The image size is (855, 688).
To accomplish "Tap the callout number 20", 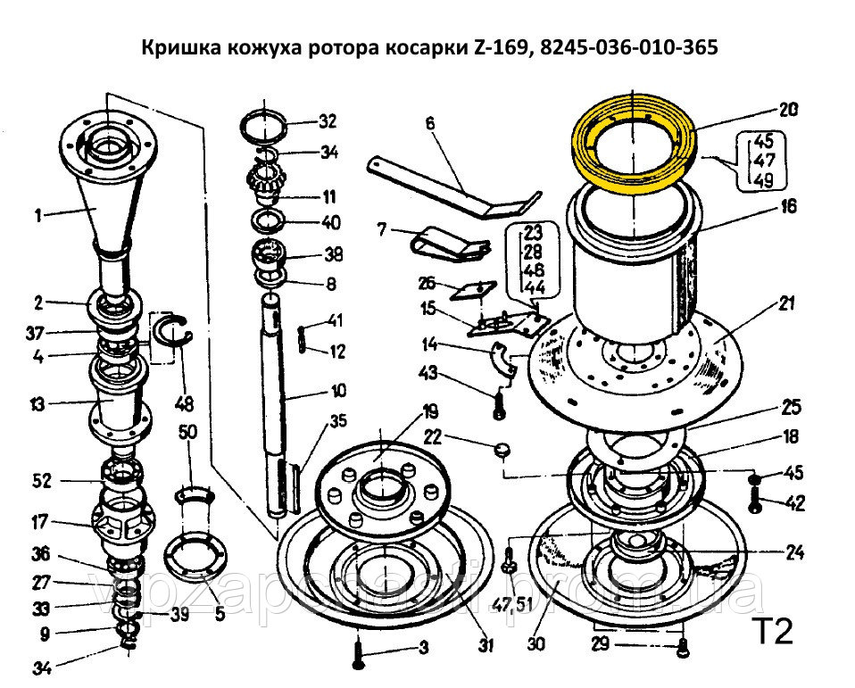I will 787,111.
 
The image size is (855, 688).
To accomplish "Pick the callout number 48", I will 185,403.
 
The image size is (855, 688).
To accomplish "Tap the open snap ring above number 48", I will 175,332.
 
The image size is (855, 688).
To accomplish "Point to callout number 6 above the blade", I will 428,125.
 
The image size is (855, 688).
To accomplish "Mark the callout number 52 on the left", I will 41,481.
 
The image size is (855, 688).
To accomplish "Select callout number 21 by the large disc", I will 785,303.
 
